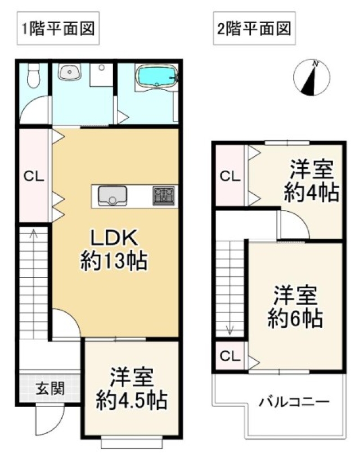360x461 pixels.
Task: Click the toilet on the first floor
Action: (x=33, y=75)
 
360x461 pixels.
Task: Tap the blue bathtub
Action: (x=157, y=76)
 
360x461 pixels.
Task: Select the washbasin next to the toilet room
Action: (x=69, y=72)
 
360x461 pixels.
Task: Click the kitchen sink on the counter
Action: (x=112, y=196)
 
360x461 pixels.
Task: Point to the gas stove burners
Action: (x=163, y=196)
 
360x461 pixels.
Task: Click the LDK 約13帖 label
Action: (x=114, y=250)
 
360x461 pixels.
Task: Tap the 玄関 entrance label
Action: (x=50, y=389)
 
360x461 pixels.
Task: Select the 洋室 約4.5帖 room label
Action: (x=132, y=389)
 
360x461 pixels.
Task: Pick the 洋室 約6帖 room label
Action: (x=295, y=307)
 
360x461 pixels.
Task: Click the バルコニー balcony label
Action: (x=294, y=401)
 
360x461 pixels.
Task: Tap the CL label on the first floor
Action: (x=34, y=176)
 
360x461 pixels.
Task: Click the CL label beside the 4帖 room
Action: (x=230, y=176)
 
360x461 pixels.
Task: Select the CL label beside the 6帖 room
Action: (x=230, y=356)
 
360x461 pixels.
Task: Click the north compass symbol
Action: (x=312, y=77)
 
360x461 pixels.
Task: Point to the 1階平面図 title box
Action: (x=58, y=28)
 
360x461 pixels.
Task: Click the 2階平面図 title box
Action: (x=254, y=28)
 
